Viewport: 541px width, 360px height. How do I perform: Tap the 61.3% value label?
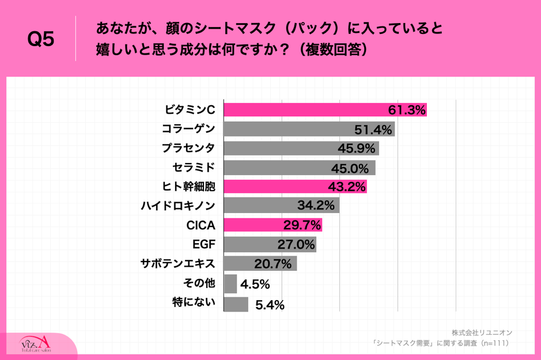pyautogui.click(x=406, y=109)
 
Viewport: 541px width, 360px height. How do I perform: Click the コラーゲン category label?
pyautogui.click(x=188, y=128)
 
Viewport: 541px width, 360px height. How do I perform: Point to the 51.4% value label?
pyautogui.click(x=373, y=128)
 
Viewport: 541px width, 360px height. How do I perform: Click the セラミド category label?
pyautogui.click(x=194, y=167)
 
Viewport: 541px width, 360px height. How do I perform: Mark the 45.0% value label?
pyautogui.click(x=353, y=168)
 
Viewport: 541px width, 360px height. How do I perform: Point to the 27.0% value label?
pyautogui.click(x=296, y=245)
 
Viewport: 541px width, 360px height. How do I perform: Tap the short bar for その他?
pyautogui.click(x=230, y=283)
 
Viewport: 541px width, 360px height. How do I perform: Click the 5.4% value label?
pyautogui.click(x=270, y=305)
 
